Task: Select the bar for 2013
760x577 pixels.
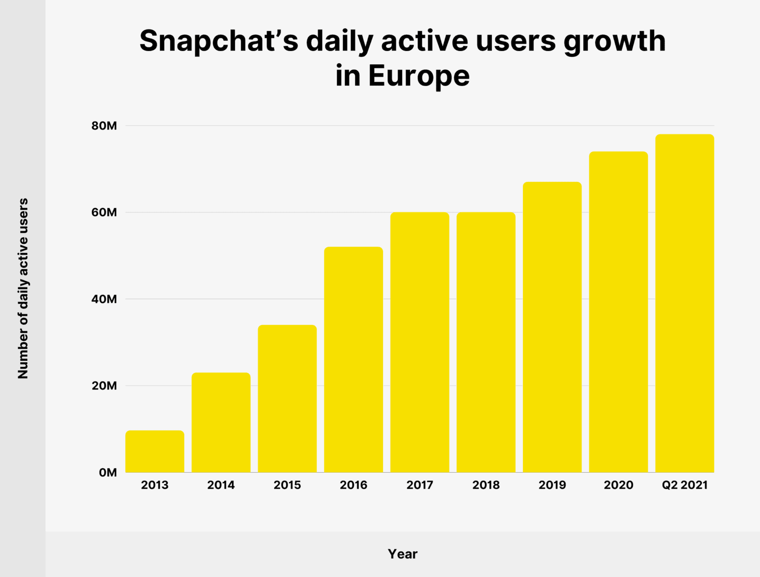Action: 154,451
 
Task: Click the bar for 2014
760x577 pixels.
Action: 221,423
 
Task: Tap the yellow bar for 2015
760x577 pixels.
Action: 287,399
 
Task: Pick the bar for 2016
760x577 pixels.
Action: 353,359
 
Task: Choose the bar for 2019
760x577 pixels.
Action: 552,327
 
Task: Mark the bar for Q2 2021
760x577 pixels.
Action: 684,303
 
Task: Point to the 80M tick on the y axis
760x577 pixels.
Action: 104,126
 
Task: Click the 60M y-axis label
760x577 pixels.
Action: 104,213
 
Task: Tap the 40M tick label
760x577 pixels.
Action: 104,299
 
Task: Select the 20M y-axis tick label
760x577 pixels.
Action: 104,386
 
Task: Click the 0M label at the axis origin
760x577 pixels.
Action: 107,473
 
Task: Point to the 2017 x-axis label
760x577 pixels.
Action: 420,485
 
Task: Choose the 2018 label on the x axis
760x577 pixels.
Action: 486,485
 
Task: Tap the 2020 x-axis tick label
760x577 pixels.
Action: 618,485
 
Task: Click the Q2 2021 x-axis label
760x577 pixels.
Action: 685,485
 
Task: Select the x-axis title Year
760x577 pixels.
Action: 402,554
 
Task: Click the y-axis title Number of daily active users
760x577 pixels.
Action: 23,289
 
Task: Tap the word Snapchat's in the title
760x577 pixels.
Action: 219,41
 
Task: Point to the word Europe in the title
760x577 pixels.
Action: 419,76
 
